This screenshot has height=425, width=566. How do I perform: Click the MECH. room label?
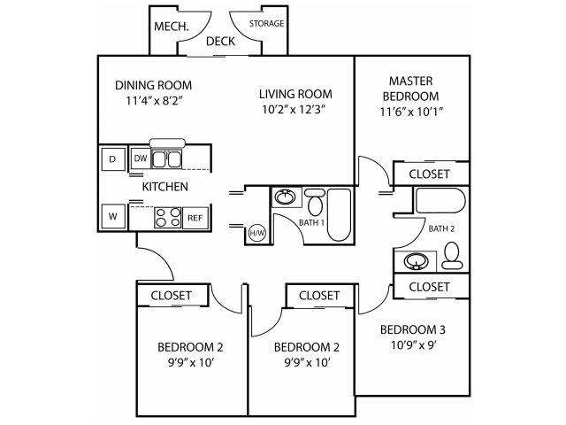[x=171, y=27]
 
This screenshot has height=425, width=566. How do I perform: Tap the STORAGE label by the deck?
[x=266, y=24]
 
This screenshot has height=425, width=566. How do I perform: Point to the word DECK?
[x=220, y=42]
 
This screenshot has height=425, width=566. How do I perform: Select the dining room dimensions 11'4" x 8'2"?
[x=153, y=100]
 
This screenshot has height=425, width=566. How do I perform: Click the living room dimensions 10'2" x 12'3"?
[x=294, y=109]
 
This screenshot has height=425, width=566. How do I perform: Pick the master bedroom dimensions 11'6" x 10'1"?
[x=411, y=112]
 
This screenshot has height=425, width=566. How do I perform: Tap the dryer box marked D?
[x=112, y=159]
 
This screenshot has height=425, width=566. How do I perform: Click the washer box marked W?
[x=113, y=216]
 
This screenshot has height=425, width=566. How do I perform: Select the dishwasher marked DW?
[x=141, y=158]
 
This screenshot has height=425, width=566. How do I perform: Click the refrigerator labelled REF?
[x=195, y=218]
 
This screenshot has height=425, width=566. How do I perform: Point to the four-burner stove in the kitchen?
[x=168, y=218]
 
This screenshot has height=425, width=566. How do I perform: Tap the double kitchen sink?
[x=166, y=159]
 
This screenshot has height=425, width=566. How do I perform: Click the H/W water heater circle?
[x=257, y=233]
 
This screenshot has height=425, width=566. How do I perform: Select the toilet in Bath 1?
[x=315, y=203]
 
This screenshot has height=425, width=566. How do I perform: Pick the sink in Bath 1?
[x=286, y=197]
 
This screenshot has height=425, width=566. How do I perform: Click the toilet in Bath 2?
[x=452, y=256]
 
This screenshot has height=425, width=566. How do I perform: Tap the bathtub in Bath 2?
[x=440, y=200]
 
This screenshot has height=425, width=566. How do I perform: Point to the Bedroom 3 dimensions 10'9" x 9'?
[x=414, y=345]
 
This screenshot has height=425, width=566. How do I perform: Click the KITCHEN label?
[x=165, y=187]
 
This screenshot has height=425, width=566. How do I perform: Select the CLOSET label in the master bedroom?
[x=429, y=174]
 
